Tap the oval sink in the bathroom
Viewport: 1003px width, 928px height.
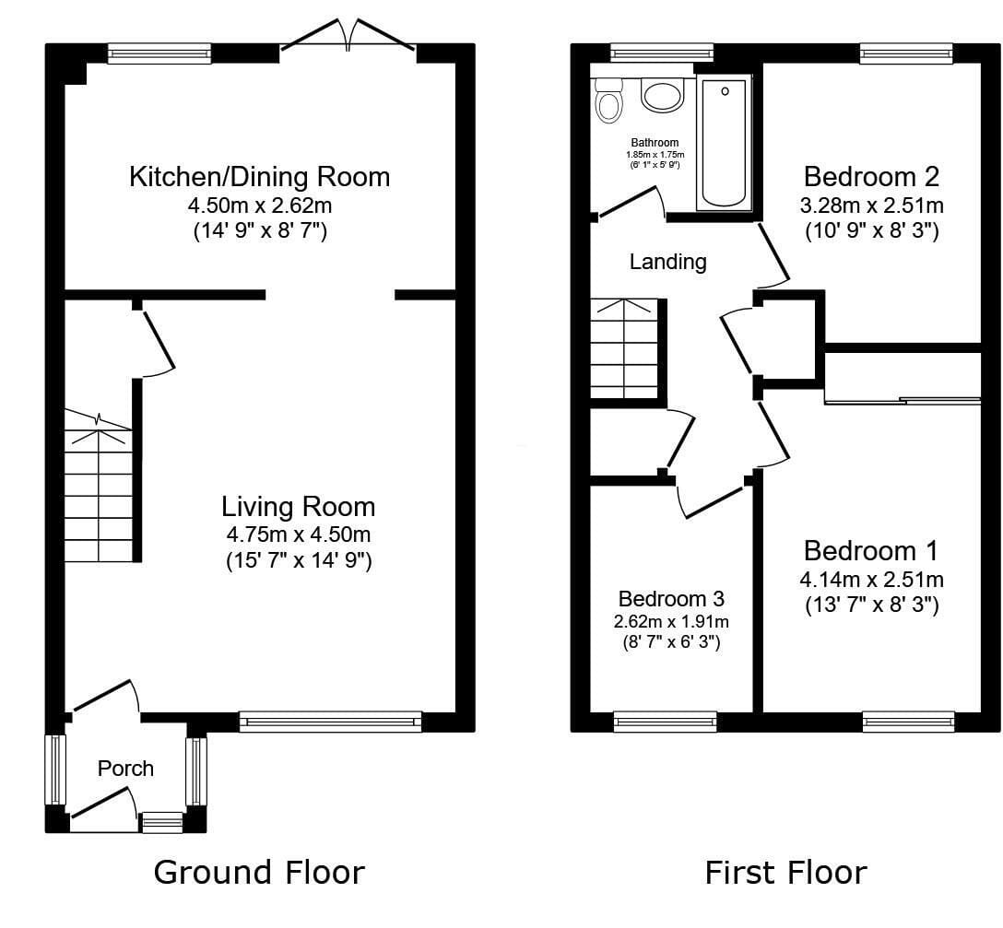click(664, 96)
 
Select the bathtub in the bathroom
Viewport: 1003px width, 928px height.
click(724, 143)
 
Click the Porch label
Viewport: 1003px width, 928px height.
click(125, 768)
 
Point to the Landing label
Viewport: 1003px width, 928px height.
click(667, 262)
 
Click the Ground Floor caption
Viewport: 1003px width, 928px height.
click(259, 873)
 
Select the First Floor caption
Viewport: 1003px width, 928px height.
click(785, 873)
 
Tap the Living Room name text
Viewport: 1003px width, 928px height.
click(298, 507)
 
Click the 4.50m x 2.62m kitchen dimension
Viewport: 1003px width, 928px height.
click(260, 206)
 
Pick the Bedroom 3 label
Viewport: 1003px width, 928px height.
click(671, 599)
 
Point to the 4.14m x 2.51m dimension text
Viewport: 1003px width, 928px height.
click(871, 580)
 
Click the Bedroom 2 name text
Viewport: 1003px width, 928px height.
click(871, 177)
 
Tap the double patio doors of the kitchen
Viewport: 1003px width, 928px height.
click(348, 37)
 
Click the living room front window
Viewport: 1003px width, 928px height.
click(331, 722)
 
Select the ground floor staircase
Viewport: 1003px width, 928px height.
click(99, 486)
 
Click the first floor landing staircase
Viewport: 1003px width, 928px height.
click(624, 348)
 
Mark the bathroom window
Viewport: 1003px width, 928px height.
click(661, 53)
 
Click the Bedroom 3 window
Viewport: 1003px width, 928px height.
click(666, 722)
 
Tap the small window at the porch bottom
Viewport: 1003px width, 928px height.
click(162, 822)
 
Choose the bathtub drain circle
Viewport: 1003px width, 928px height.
click(725, 91)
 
